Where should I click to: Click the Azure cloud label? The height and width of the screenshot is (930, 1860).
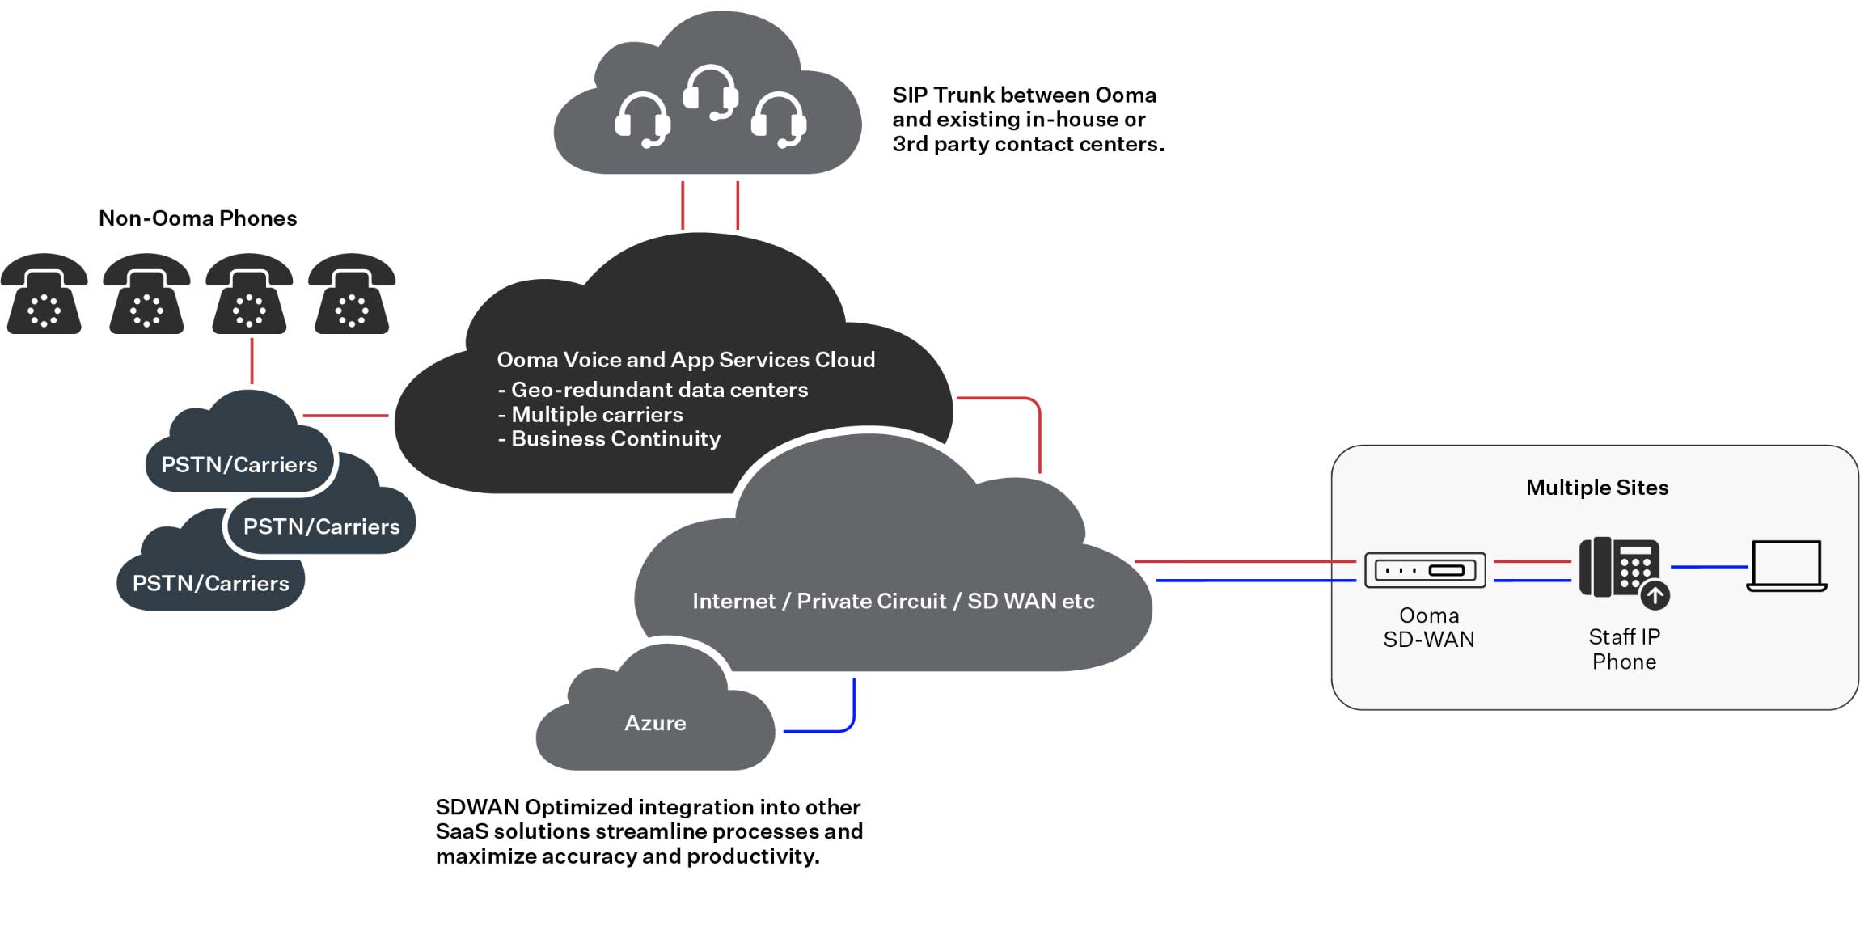pyautogui.click(x=655, y=723)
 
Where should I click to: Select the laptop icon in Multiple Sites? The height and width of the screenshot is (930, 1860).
pyautogui.click(x=1786, y=565)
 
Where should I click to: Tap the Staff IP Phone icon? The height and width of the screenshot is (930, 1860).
pyautogui.click(x=1620, y=568)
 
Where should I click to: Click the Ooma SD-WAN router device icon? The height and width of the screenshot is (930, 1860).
pyautogui.click(x=1425, y=570)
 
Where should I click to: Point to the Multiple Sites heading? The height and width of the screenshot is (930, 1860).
pyautogui.click(x=1596, y=488)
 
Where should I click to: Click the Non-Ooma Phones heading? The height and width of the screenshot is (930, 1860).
pyautogui.click(x=197, y=218)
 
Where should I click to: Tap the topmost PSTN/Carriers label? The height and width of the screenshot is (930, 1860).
pyautogui.click(x=239, y=465)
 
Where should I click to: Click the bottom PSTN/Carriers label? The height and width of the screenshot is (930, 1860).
pyautogui.click(x=210, y=584)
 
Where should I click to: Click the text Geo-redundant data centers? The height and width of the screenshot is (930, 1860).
pyautogui.click(x=659, y=390)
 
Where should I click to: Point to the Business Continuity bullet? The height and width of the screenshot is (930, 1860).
pyautogui.click(x=615, y=439)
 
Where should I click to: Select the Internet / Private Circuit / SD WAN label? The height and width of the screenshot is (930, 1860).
pyautogui.click(x=893, y=601)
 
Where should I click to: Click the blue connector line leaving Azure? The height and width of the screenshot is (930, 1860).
pyautogui.click(x=817, y=731)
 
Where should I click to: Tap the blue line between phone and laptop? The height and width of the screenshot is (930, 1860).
pyautogui.click(x=1708, y=567)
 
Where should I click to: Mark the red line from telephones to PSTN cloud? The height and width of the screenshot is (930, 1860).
pyautogui.click(x=252, y=361)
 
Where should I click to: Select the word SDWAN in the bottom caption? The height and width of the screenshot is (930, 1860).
pyautogui.click(x=477, y=807)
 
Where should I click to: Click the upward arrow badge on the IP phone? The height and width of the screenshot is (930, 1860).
pyautogui.click(x=1655, y=596)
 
